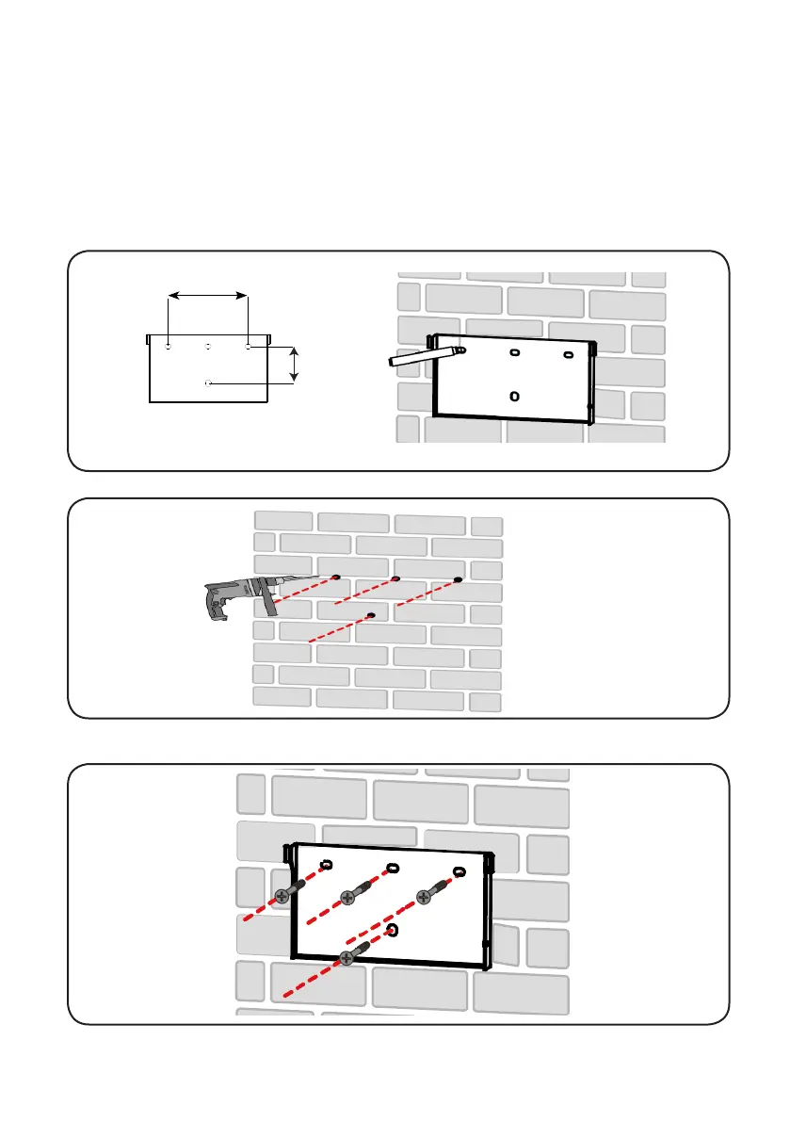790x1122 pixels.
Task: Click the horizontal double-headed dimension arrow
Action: [208, 295]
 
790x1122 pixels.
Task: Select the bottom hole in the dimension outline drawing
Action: [208, 383]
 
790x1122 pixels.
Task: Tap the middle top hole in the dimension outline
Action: [208, 347]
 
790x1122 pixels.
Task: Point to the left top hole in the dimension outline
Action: [168, 347]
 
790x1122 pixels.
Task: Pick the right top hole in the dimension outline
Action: [249, 347]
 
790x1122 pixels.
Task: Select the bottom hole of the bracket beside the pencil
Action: [514, 396]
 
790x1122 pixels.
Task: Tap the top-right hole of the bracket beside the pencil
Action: [568, 354]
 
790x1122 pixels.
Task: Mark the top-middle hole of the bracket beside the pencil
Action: [515, 353]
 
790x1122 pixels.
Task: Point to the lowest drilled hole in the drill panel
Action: [372, 615]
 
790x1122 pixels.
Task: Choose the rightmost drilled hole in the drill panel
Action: [459, 579]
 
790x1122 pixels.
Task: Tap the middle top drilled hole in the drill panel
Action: [396, 578]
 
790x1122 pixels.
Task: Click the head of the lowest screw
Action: [348, 958]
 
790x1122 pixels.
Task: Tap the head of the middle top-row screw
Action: [348, 898]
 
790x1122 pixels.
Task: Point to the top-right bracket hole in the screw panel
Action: [459, 871]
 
